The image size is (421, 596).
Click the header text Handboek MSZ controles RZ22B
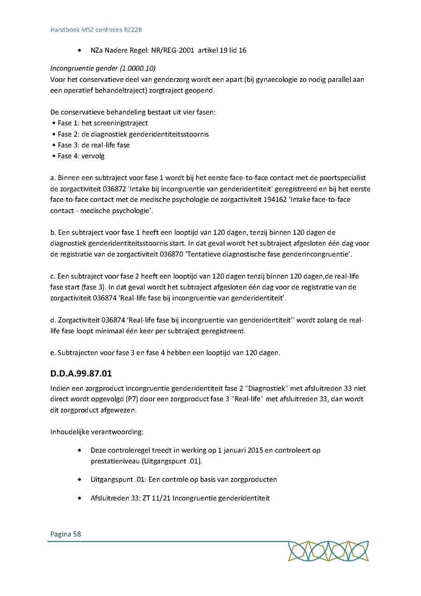(x=96, y=29)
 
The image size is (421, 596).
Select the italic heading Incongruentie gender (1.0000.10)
(x=103, y=68)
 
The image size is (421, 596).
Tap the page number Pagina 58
(x=65, y=534)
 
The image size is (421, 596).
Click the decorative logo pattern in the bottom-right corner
(x=328, y=551)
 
